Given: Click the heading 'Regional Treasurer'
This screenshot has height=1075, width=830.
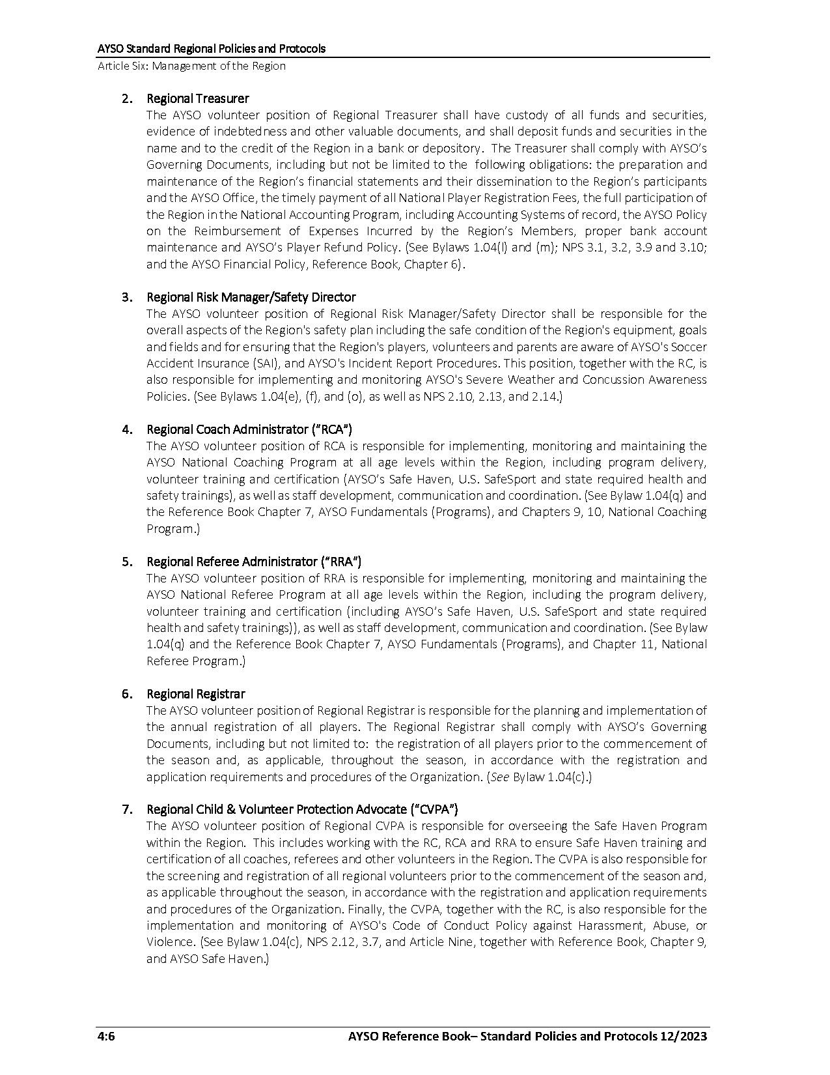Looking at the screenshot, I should [x=197, y=98].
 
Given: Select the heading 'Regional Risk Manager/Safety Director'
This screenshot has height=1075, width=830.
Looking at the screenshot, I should [x=251, y=297].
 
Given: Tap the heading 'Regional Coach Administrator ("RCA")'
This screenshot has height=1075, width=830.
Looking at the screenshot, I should [x=249, y=429].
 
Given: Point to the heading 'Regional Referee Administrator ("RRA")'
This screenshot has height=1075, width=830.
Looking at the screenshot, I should [x=254, y=562].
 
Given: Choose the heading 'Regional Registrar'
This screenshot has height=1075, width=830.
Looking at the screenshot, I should [x=195, y=694].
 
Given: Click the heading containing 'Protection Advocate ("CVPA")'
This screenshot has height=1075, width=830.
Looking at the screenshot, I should [x=302, y=809].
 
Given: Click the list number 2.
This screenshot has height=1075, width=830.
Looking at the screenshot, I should [x=128, y=98].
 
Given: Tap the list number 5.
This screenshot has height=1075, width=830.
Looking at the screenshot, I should [x=128, y=562].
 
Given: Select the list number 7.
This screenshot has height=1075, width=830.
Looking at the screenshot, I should [x=128, y=809].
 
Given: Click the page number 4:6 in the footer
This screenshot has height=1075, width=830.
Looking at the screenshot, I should [x=106, y=1037].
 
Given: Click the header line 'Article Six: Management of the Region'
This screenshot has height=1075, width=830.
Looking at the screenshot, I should [x=191, y=66].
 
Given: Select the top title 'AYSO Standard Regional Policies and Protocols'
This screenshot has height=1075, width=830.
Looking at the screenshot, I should [x=211, y=49].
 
